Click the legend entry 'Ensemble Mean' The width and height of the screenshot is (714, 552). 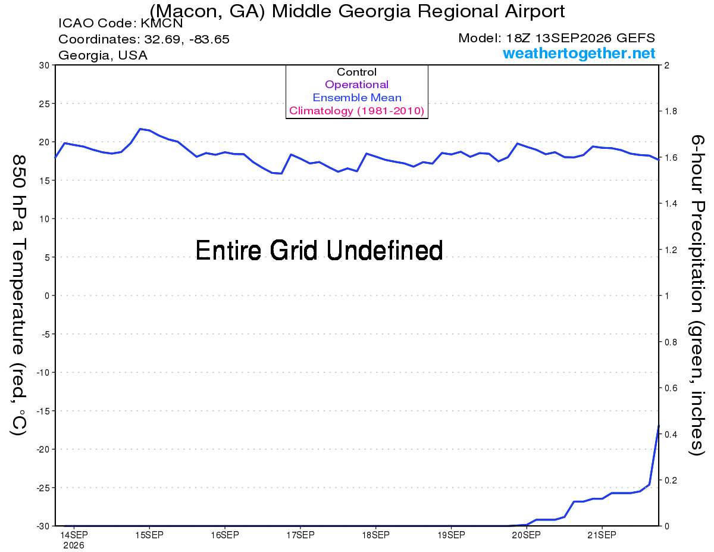pos(357,98)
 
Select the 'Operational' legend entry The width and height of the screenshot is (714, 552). pos(357,85)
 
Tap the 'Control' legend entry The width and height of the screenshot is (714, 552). pos(357,72)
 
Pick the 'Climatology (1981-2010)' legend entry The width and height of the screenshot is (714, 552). pos(357,111)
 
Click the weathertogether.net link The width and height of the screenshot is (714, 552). pos(579,53)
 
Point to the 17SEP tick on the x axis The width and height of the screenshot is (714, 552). pos(300,535)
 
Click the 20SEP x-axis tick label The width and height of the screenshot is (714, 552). pos(527,535)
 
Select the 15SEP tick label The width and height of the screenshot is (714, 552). pos(149,535)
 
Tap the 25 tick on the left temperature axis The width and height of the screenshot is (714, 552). pos(45,104)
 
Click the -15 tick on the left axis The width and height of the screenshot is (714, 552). pos(43,411)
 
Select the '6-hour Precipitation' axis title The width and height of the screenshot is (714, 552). pos(697,223)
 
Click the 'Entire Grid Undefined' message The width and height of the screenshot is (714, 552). pos(319,251)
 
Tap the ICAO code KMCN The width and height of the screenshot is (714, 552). pos(162,23)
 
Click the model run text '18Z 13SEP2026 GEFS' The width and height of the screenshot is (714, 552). pos(581,38)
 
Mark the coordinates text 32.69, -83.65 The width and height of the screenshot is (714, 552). pos(187,39)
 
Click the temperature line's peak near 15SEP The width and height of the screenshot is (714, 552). pos(140,129)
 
